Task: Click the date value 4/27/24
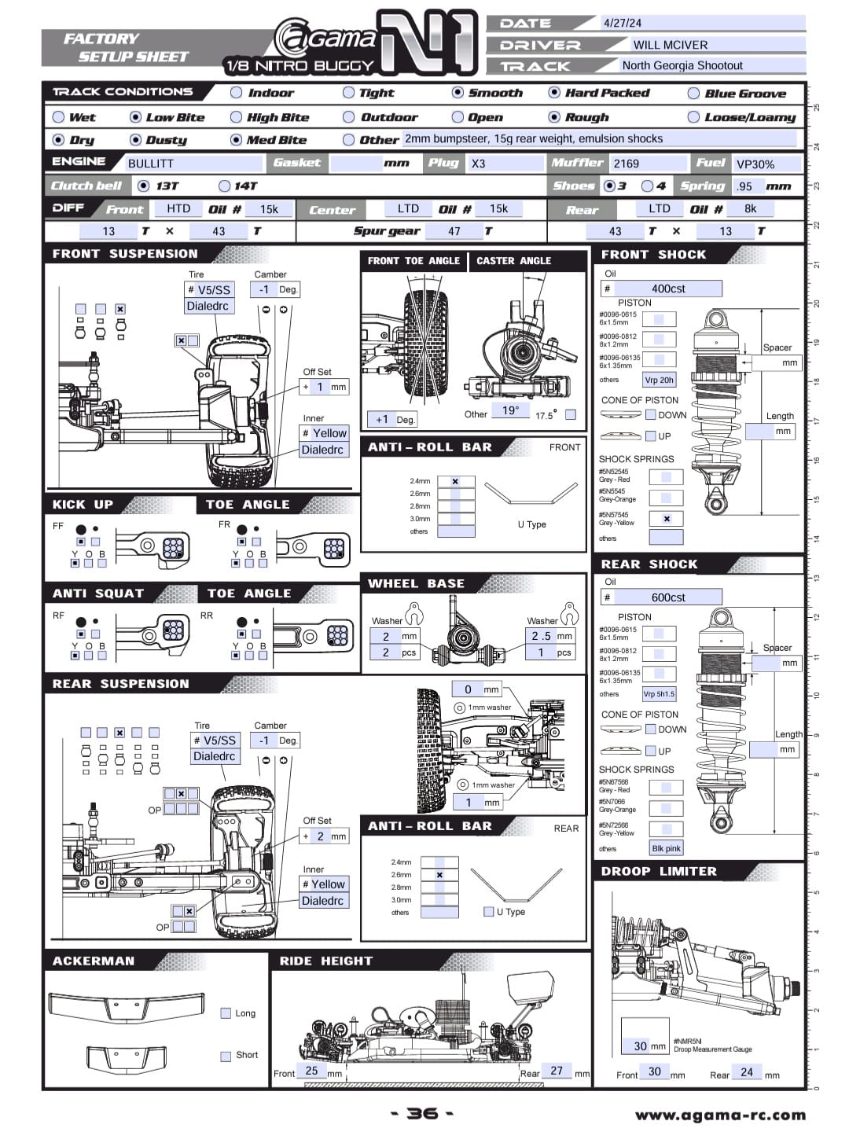pos(622,23)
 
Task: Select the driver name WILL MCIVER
pos(670,45)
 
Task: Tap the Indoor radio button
pos(236,93)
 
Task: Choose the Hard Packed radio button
pos(554,93)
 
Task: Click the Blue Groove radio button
pos(693,94)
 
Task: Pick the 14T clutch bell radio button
pos(224,186)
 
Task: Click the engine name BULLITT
pos(151,164)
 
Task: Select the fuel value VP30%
pos(755,164)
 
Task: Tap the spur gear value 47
pos(454,231)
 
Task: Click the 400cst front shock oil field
pos(668,289)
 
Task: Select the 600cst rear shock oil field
pos(668,597)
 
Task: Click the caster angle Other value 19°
pos(510,410)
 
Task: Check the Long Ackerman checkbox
pos(226,1013)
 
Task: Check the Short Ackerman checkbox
pos(226,1056)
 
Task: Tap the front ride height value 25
pos(311,1071)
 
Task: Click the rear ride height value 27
pos(557,1071)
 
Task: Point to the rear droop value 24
pos(747,1072)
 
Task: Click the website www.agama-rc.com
pos(720,1115)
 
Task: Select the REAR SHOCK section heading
pos(649,564)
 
